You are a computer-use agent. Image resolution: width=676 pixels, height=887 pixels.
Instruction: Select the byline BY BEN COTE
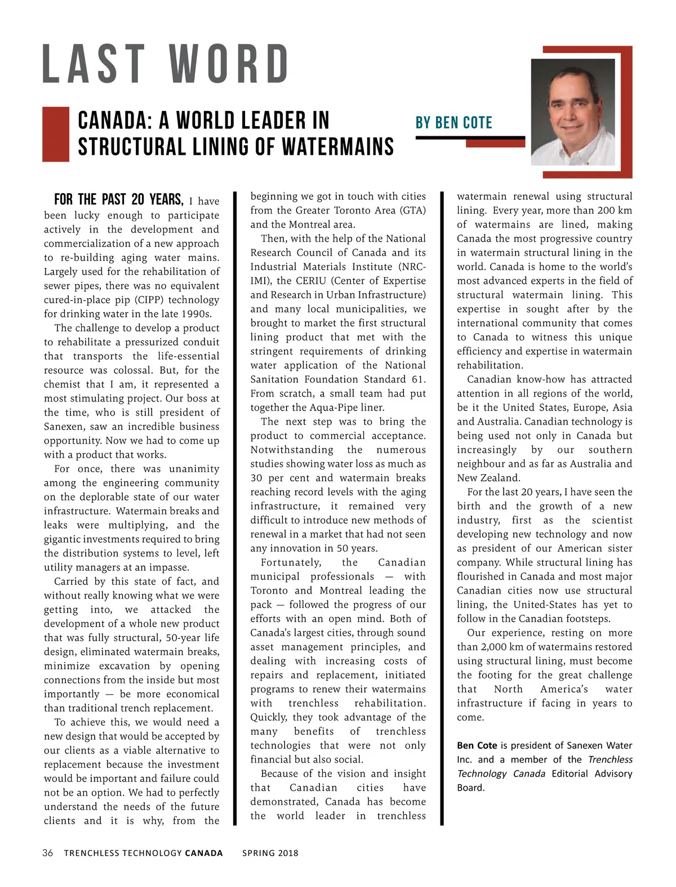(x=453, y=123)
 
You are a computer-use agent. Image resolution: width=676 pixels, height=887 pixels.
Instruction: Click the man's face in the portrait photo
(x=572, y=113)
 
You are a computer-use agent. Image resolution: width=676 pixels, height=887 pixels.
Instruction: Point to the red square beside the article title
(x=56, y=134)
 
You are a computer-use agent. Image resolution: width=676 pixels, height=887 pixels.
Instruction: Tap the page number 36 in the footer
(x=48, y=853)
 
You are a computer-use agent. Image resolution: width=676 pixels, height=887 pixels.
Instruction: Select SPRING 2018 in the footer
(x=270, y=853)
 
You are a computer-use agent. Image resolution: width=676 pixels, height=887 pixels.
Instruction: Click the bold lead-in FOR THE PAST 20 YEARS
(x=118, y=200)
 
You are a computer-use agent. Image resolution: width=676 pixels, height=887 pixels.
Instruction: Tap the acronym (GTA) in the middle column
(x=412, y=210)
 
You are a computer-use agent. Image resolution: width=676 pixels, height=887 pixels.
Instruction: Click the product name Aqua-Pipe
(x=335, y=407)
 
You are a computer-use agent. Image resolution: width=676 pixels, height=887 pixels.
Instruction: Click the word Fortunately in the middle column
(x=291, y=562)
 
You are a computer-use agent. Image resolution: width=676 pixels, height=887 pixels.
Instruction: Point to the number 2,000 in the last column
(x=493, y=647)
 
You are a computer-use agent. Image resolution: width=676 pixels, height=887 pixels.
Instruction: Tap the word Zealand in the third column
(x=500, y=478)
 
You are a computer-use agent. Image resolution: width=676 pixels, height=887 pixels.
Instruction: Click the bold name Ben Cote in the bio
(x=477, y=745)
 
